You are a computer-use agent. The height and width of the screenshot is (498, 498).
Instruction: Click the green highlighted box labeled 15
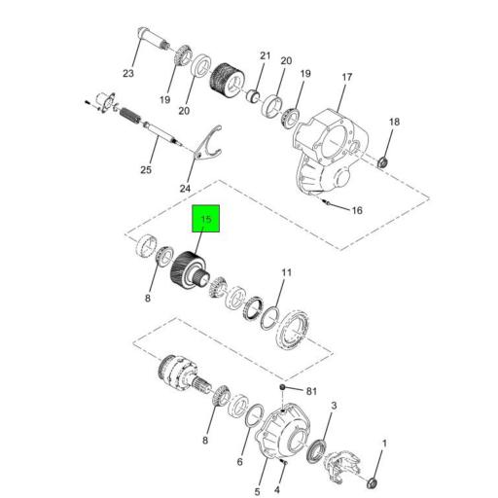[206, 220]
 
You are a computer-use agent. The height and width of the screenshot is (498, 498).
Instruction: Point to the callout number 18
[394, 122]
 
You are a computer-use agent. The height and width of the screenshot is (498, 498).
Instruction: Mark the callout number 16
[356, 210]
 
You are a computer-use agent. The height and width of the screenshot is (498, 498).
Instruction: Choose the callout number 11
[286, 272]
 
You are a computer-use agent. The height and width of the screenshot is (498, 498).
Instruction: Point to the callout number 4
[279, 476]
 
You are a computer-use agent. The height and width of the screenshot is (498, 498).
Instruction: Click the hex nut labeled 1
[375, 480]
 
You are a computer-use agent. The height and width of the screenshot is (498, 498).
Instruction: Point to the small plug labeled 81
[281, 388]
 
